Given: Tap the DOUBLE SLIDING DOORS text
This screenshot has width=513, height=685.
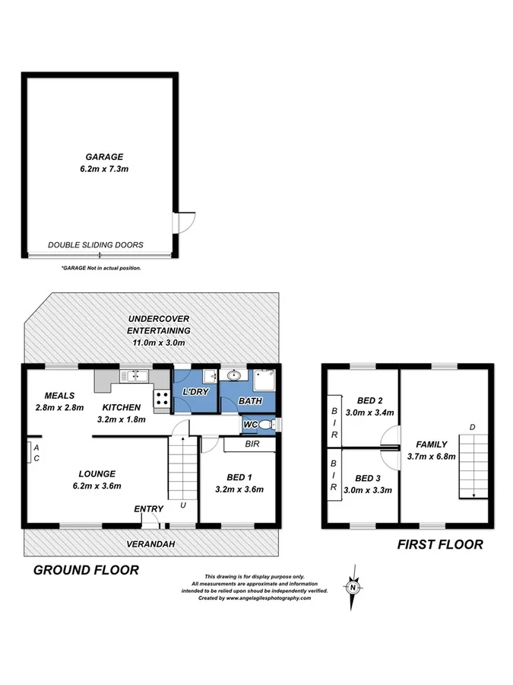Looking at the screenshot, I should [96, 245].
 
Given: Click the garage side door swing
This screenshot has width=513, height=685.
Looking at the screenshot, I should [185, 221].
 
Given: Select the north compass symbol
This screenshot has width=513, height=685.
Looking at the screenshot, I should [353, 587].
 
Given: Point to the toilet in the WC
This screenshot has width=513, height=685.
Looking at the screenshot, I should [262, 424].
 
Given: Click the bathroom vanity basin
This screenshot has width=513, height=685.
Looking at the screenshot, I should [234, 376].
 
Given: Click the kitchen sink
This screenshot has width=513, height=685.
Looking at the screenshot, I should [135, 374].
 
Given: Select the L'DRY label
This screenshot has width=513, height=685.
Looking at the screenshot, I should [195, 392].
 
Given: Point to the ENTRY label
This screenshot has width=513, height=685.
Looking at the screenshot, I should [148, 509].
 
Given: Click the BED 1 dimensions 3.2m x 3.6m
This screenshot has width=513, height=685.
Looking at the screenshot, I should [239, 489].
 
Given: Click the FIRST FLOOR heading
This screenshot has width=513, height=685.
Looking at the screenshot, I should [441, 544].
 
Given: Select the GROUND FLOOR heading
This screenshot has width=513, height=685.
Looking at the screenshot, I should [85, 570].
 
